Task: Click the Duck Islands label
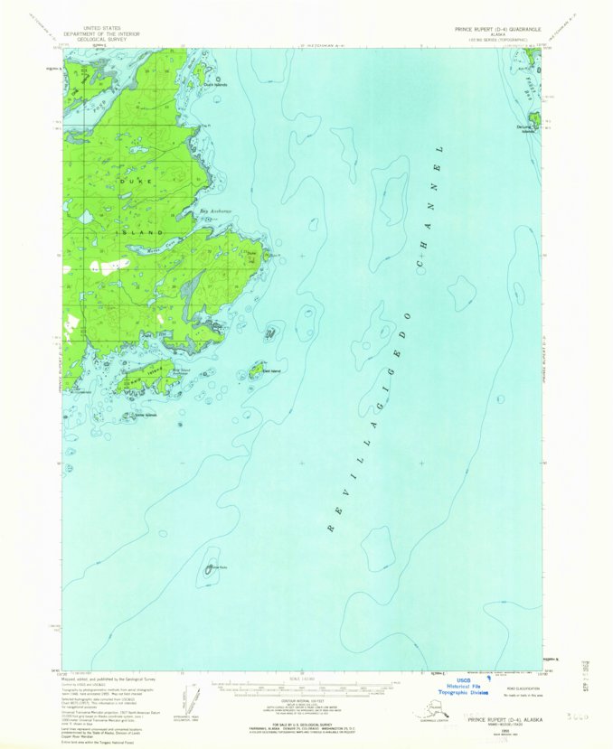point(215,85)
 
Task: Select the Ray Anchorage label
point(215,211)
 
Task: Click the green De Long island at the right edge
point(534,118)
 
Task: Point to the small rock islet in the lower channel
point(212,566)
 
